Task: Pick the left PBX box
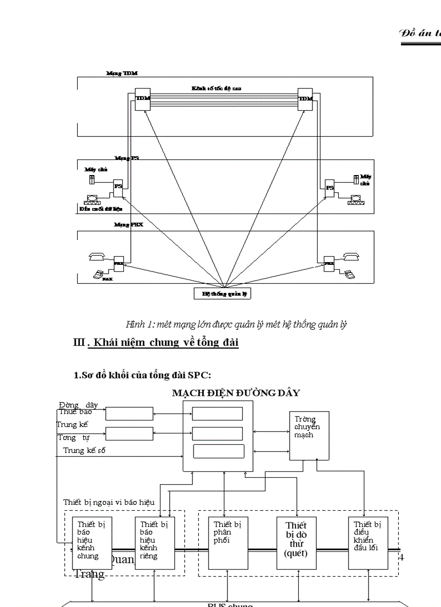pos(119,264)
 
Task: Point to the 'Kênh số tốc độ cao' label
pos(216,88)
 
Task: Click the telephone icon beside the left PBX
pos(97,257)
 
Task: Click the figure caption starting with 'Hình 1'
pos(236,324)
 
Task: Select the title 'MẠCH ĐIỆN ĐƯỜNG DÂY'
pos(236,393)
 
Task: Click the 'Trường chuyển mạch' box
pos(309,436)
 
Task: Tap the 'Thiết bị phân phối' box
pos(227,542)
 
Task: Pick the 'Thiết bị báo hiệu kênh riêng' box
pos(155,542)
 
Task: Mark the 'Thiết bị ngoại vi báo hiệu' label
pos(109,502)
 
